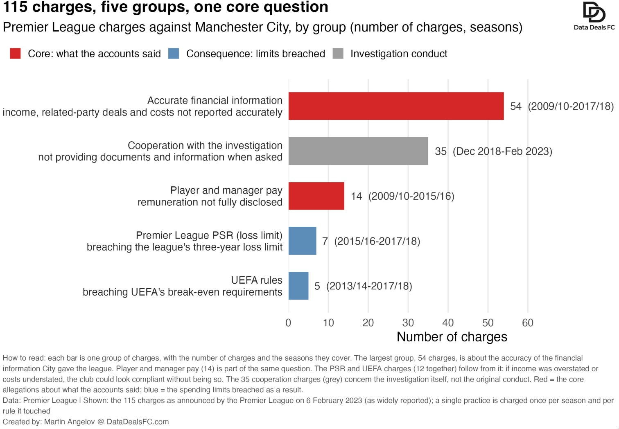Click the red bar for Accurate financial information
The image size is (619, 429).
point(396,106)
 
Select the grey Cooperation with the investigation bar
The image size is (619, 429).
point(358,151)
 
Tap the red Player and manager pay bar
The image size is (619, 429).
point(316,196)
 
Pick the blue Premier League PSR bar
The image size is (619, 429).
point(302,241)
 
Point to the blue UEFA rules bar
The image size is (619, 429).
point(298,286)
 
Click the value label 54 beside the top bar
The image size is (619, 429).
point(516,106)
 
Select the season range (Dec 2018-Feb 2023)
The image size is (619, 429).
point(502,151)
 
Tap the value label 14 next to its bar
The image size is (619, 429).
point(356,196)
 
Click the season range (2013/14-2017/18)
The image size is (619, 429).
point(369,286)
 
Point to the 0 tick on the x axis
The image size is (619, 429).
point(288,323)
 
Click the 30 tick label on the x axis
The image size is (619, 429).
point(408,323)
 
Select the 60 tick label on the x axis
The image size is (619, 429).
point(528,323)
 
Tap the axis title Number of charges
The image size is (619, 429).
point(452,337)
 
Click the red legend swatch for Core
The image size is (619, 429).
point(15,53)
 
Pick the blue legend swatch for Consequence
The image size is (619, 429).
point(174,53)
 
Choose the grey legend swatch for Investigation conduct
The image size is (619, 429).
point(338,53)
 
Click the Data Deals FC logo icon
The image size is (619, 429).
point(594,12)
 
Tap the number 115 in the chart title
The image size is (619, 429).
point(15,7)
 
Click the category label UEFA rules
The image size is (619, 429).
point(257,280)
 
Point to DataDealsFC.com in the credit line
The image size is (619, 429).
point(138,422)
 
